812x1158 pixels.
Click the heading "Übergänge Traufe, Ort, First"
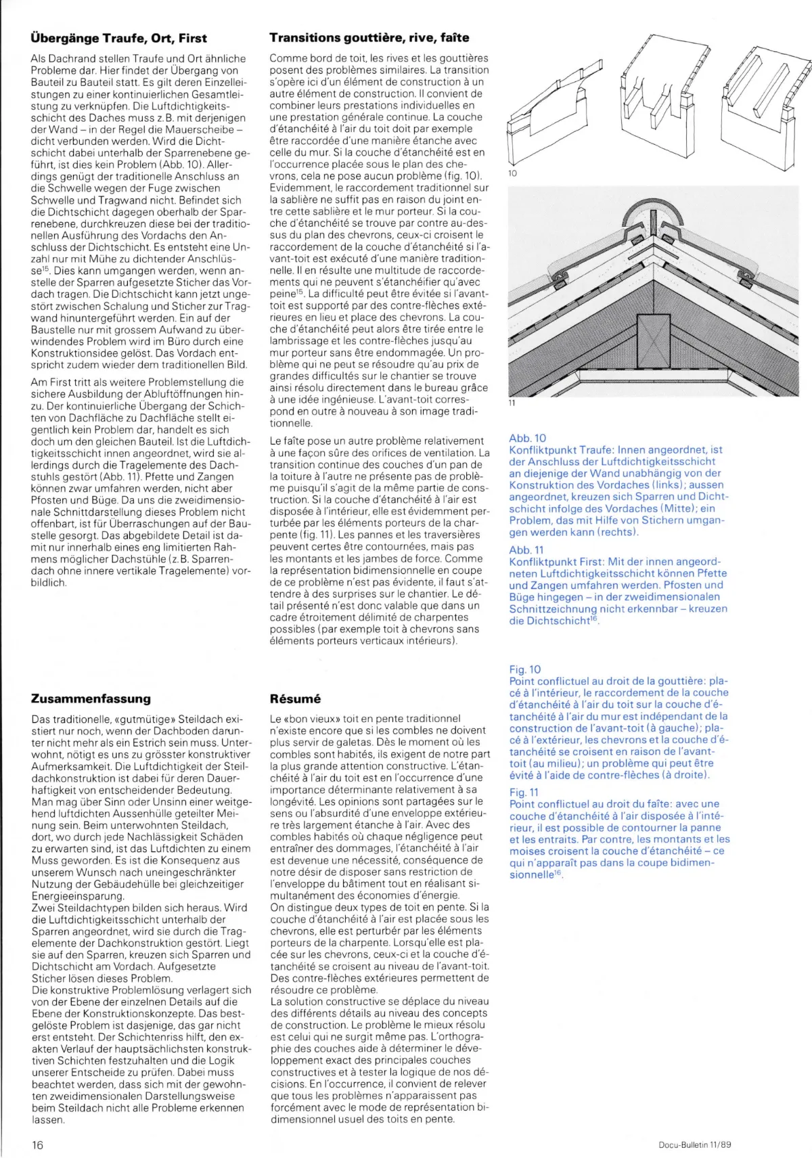tap(118, 38)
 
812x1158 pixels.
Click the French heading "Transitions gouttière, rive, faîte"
tap(369, 38)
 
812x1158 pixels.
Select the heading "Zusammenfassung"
tap(91, 698)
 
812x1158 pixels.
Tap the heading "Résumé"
tap(295, 698)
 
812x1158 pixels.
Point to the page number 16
tap(37, 1144)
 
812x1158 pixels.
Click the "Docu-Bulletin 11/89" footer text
tap(695, 1144)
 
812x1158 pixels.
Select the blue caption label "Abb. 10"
tap(527, 438)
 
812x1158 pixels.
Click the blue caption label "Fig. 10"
tap(525, 669)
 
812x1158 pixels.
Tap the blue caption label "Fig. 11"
tap(524, 792)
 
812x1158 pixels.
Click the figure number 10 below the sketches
tap(512, 173)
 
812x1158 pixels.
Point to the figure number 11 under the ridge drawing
tap(512, 403)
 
